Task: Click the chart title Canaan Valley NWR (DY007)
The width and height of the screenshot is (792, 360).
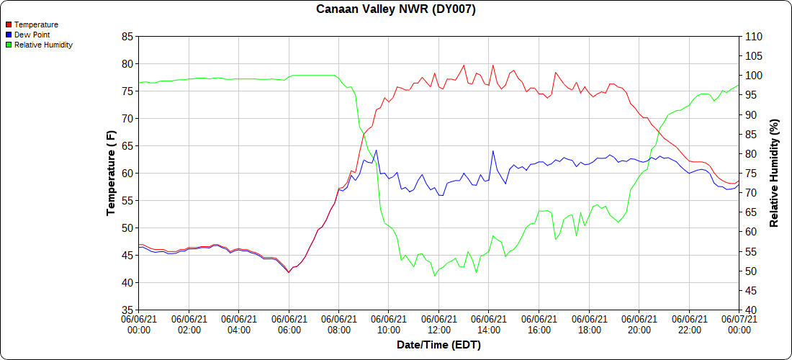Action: (x=396, y=9)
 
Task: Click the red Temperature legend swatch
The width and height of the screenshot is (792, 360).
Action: (x=9, y=24)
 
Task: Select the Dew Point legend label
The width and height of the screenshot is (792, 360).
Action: (x=32, y=35)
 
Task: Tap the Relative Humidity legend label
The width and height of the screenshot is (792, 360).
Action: (x=43, y=45)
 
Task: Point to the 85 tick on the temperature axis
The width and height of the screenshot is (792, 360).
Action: (x=127, y=37)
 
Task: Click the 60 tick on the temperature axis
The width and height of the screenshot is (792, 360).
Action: (x=127, y=174)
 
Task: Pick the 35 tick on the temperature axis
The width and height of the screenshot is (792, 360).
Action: (x=127, y=310)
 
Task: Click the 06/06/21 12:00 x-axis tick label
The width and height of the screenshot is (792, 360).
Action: (x=439, y=324)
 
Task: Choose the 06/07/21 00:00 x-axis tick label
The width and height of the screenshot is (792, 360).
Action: (x=739, y=324)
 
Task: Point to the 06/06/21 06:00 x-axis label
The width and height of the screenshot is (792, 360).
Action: (x=289, y=324)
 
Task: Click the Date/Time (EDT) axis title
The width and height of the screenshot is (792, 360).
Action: (x=438, y=345)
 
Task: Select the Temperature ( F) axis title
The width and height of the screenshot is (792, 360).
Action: (x=111, y=173)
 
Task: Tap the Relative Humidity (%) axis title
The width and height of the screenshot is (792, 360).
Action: (x=774, y=173)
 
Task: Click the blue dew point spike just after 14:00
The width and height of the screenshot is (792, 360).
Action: (x=493, y=151)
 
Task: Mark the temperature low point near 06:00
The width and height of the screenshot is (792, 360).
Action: (x=289, y=272)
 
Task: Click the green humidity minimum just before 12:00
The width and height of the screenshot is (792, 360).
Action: (x=435, y=276)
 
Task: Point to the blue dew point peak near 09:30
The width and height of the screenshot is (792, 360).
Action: (x=376, y=150)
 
